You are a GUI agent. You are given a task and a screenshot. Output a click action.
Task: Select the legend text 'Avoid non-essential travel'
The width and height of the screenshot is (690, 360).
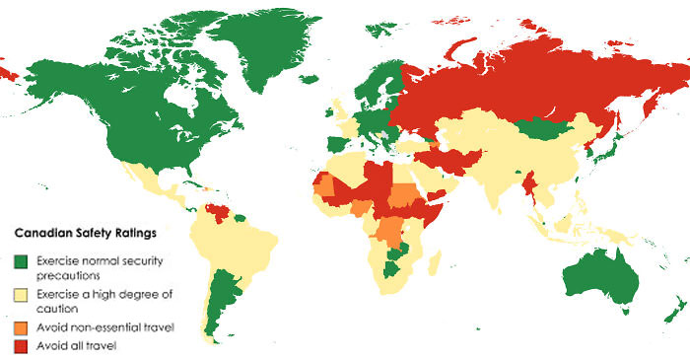pyautogui.click(x=104, y=326)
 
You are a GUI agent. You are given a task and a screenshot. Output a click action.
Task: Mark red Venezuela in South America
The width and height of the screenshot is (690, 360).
pyautogui.click(x=211, y=212)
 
